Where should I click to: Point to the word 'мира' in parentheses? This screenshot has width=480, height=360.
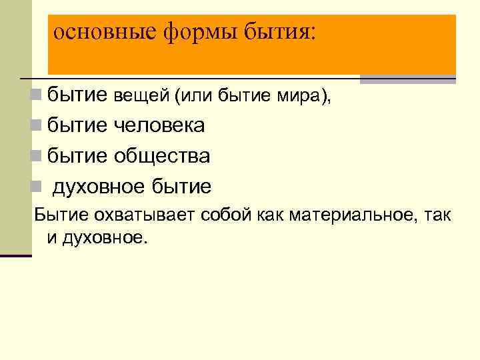pyautogui.click(x=297, y=97)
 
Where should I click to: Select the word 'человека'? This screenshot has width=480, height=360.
pyautogui.click(x=159, y=126)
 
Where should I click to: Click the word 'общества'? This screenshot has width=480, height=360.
pyautogui.click(x=162, y=156)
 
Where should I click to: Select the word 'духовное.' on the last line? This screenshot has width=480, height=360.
pyautogui.click(x=103, y=237)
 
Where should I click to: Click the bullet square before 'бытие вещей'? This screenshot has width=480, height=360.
pyautogui.click(x=36, y=97)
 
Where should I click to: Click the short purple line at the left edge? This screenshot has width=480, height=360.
pyautogui.click(x=16, y=255)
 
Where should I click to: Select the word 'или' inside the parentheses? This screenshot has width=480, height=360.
pyautogui.click(x=193, y=97)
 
